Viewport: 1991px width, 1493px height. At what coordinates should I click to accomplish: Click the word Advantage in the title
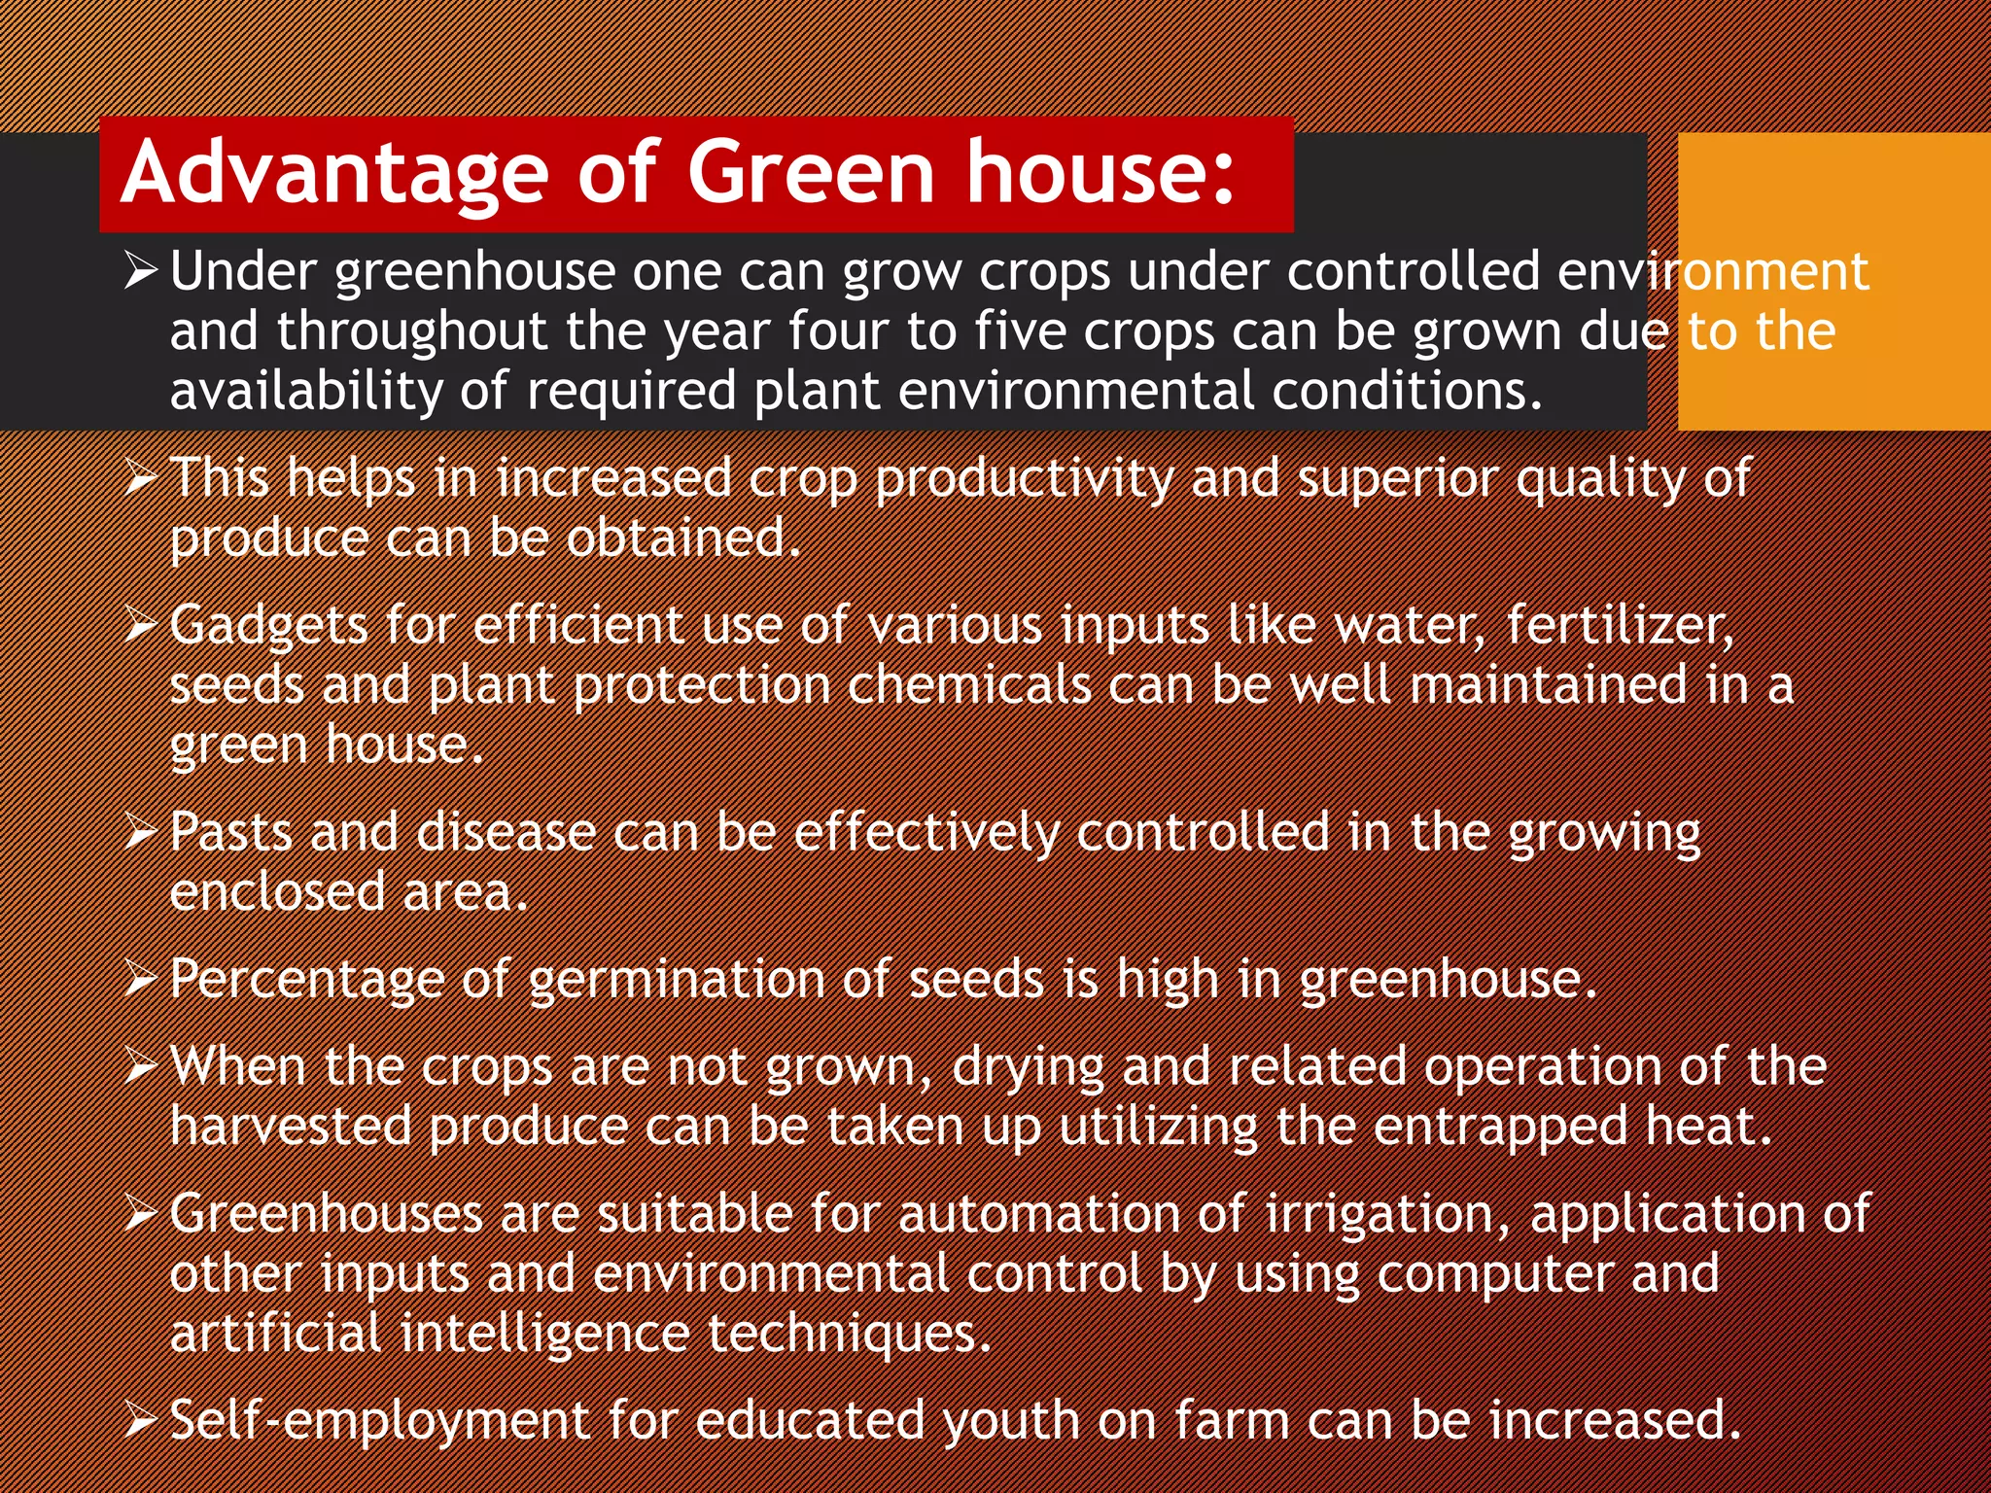(335, 173)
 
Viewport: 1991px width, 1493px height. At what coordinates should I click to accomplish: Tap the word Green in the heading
(810, 173)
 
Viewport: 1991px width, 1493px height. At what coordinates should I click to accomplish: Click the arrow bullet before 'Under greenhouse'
(141, 271)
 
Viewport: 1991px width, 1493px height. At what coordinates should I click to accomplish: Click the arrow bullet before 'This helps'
(141, 478)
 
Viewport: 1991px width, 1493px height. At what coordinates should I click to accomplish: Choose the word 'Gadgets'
(268, 627)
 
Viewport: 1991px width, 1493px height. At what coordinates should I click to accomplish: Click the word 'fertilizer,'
(1620, 625)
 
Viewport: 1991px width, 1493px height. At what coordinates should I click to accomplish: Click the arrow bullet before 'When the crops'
(141, 1068)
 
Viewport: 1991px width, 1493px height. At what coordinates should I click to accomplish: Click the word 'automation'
(1037, 1214)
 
